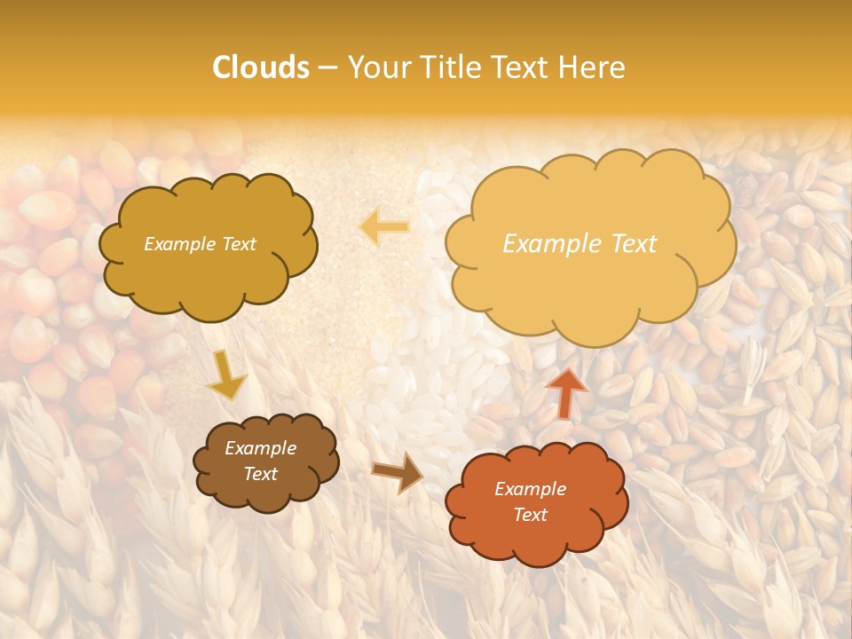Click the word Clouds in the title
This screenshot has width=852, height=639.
(261, 67)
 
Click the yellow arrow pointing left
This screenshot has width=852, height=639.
(384, 226)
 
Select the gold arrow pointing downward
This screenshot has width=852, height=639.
(226, 374)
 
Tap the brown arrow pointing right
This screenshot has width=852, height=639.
(397, 473)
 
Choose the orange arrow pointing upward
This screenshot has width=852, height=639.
(566, 391)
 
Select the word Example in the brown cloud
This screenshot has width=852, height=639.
(260, 448)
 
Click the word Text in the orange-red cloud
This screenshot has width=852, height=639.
(530, 515)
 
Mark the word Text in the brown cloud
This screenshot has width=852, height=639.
(260, 474)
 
